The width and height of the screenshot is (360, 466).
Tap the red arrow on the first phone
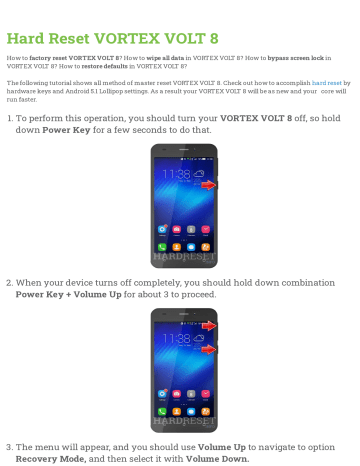coord(207,185)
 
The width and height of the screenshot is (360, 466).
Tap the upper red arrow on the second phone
coord(207,327)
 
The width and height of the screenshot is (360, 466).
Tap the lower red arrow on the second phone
coord(207,348)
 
